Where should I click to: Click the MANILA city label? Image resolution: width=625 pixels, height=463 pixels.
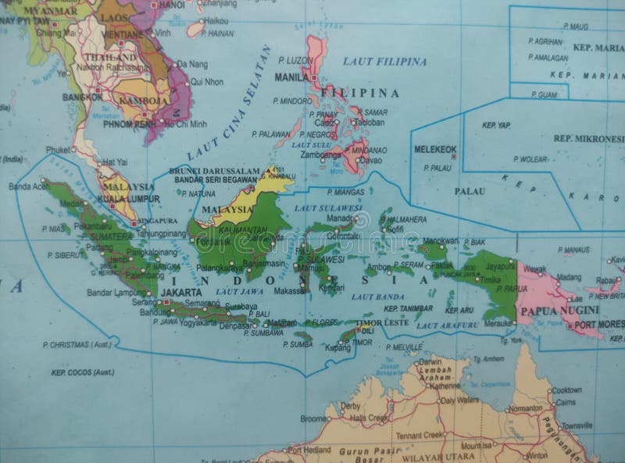click(x=291, y=78)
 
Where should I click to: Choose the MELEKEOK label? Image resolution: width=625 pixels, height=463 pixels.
click(x=435, y=149)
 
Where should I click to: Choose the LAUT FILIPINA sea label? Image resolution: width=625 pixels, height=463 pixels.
click(x=385, y=61)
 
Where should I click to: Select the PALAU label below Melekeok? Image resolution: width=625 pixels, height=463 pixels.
click(x=471, y=191)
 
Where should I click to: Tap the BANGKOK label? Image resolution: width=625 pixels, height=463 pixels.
click(x=81, y=98)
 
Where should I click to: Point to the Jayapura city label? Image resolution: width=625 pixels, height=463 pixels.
click(x=499, y=265)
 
